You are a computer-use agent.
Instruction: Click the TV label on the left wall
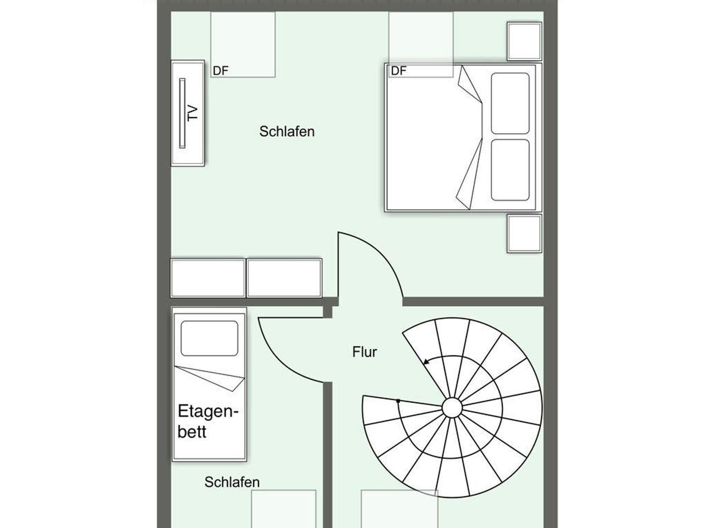click(x=193, y=113)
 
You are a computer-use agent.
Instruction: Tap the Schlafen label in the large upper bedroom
click(x=287, y=131)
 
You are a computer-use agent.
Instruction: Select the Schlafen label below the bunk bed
click(x=232, y=482)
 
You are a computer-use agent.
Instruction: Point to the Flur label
click(x=365, y=352)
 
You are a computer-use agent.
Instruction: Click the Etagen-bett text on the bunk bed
click(x=208, y=421)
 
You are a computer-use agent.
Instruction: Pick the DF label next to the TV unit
click(x=220, y=71)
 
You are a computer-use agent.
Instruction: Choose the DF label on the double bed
click(x=399, y=71)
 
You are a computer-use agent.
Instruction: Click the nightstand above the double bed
click(x=525, y=41)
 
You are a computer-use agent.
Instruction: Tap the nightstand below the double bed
click(x=525, y=233)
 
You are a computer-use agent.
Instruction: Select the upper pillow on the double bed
click(x=510, y=103)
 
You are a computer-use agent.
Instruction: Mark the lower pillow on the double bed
click(x=510, y=170)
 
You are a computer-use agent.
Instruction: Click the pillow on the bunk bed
click(x=209, y=338)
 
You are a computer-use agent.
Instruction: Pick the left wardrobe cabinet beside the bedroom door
click(x=208, y=278)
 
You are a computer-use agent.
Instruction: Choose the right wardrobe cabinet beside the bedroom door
click(x=284, y=278)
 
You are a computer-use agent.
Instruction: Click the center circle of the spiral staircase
click(x=452, y=408)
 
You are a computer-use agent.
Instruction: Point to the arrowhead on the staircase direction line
click(x=426, y=361)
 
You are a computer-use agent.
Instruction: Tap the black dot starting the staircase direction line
click(x=398, y=401)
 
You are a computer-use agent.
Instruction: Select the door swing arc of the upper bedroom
click(x=384, y=251)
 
